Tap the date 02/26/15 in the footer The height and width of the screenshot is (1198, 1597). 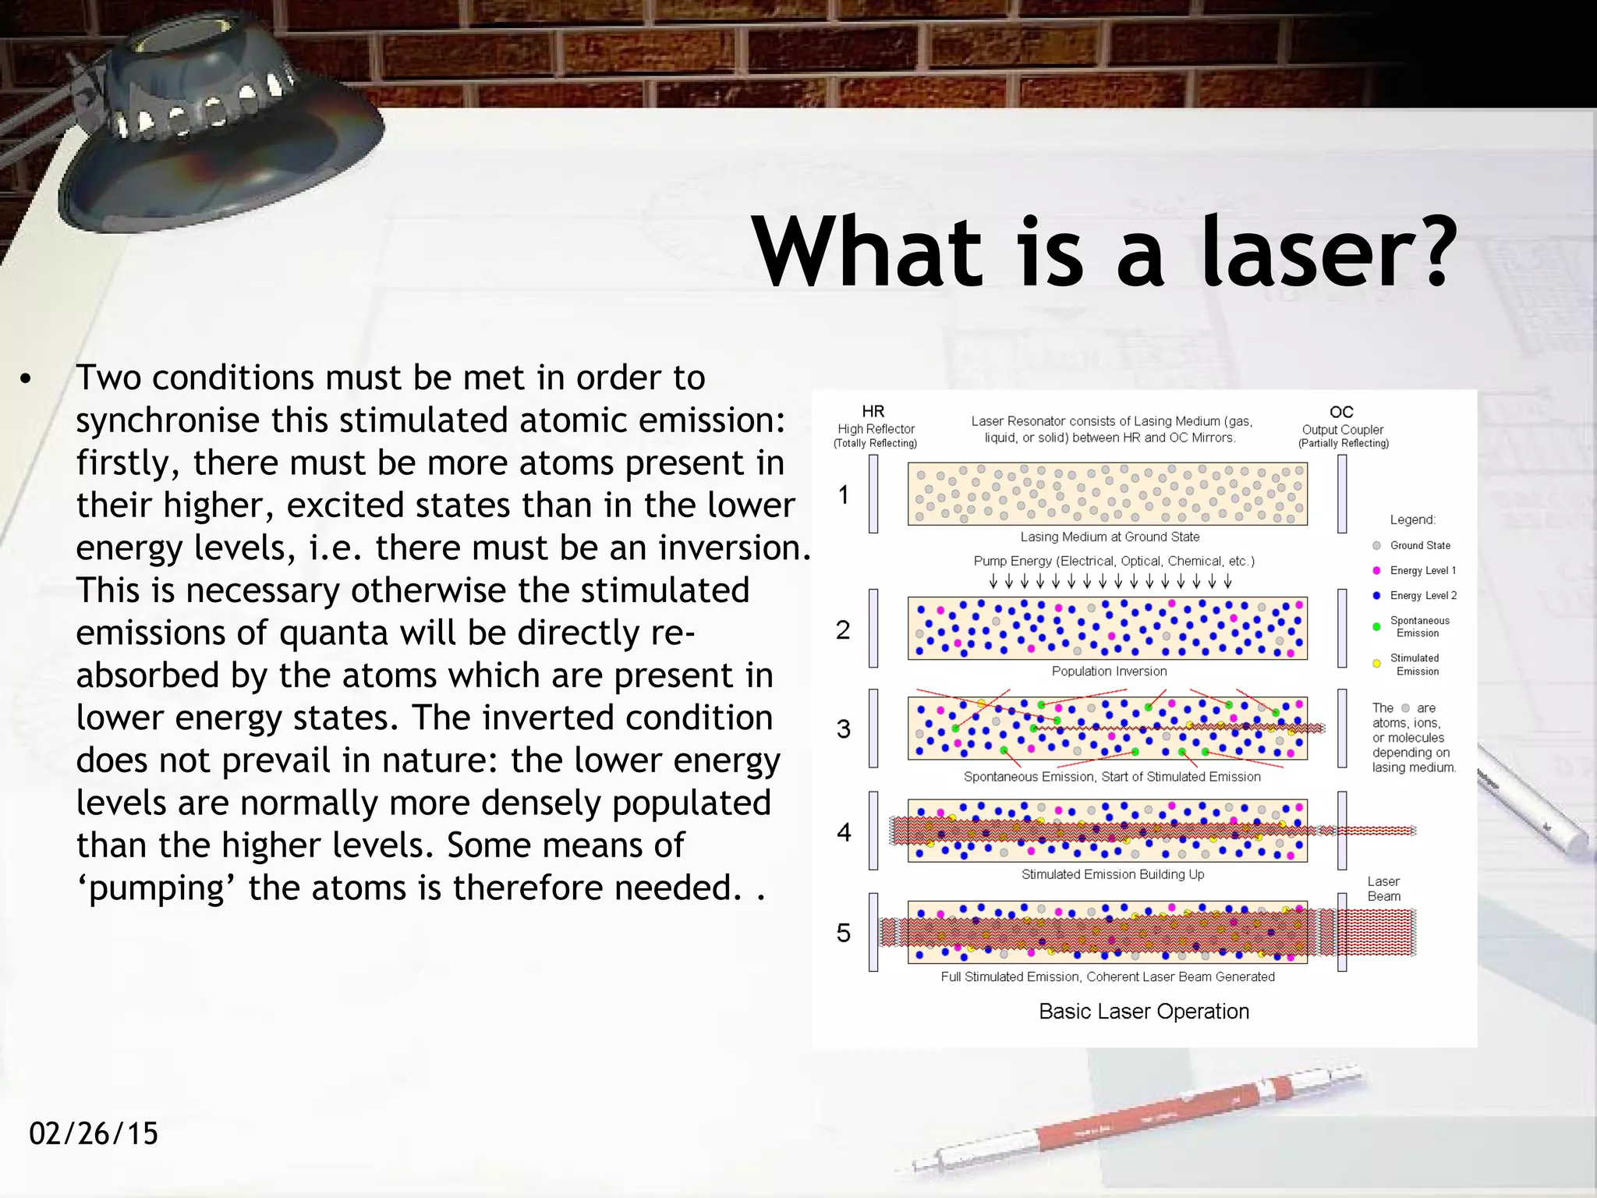[x=94, y=1133]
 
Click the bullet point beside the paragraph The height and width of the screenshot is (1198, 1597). [x=27, y=380]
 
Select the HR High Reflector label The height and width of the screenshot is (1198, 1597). [x=875, y=427]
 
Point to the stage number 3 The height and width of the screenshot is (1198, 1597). [x=843, y=729]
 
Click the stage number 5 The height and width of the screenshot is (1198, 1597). [x=843, y=933]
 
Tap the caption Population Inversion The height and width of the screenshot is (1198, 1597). [x=1109, y=672]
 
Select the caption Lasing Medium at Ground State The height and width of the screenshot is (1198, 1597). [x=1109, y=537]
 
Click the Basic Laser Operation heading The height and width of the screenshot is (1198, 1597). [x=1143, y=1012]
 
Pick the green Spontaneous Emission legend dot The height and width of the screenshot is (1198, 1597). [x=1376, y=627]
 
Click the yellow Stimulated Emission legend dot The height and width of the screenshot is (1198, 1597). [x=1376, y=664]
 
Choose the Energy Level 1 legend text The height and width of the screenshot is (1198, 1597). [x=1422, y=571]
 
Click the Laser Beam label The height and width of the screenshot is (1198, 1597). [x=1383, y=889]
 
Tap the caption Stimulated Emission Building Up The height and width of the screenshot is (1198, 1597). [x=1112, y=875]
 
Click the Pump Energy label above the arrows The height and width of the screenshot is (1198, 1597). [x=1113, y=562]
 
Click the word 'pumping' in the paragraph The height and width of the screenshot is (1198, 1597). [x=156, y=888]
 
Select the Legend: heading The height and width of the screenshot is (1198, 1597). [x=1412, y=520]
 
